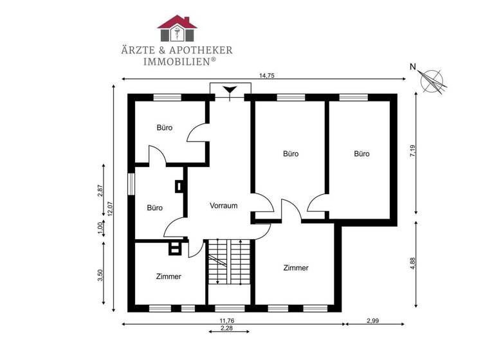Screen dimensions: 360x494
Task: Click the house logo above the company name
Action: (178, 28)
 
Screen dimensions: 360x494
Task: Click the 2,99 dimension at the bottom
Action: (372, 320)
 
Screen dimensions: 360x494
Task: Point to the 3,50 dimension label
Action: (100, 274)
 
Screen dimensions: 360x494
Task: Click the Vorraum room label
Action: (224, 206)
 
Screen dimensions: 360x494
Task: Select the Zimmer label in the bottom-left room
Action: (169, 276)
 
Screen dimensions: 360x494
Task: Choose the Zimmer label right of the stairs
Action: (296, 268)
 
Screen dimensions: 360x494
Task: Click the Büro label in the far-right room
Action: (361, 154)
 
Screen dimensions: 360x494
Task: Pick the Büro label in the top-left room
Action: (165, 127)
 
